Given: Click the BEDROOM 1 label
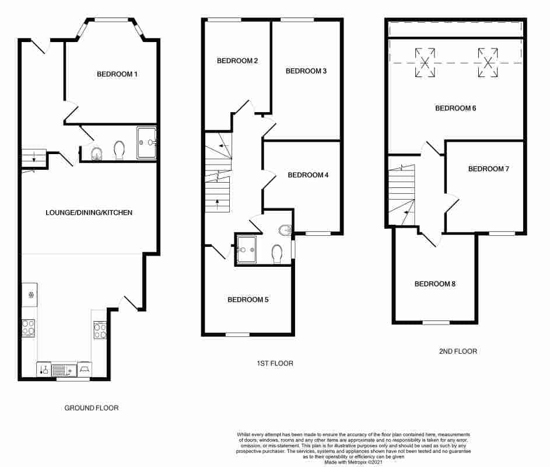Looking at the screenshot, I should [117, 74].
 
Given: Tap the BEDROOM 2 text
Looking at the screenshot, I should [237, 61].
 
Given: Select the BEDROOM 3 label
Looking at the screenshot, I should [306, 71].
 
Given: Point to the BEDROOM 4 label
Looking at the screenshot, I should [308, 175].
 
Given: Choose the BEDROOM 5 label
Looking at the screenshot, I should [248, 300].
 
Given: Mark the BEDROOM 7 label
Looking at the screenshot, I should [489, 169].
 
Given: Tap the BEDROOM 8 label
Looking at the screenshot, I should [435, 284].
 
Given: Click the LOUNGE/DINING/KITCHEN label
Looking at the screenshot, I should [89, 212].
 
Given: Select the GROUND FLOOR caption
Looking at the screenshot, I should [92, 408].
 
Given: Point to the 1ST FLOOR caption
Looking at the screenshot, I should [275, 363].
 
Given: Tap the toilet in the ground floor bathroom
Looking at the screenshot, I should [120, 150].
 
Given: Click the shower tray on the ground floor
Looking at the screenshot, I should [146, 142].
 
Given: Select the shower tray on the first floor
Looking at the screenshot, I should [246, 249].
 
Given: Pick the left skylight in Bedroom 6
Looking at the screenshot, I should [425, 62].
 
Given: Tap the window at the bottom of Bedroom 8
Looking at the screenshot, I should [436, 322].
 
